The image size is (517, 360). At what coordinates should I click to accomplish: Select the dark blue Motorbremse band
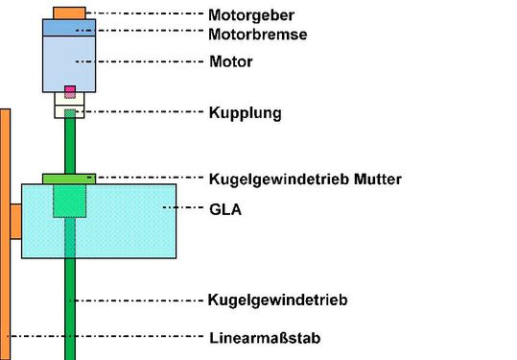[x=69, y=28]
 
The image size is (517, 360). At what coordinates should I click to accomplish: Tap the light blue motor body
[x=69, y=62]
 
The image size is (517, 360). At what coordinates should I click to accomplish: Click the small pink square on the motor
[x=69, y=92]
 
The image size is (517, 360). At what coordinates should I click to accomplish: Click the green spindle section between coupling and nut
[x=69, y=144]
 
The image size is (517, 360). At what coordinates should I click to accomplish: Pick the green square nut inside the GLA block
[x=69, y=202]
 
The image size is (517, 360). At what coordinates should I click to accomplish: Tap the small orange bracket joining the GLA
[x=15, y=221]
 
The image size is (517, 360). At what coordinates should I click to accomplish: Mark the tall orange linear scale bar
[x=5, y=288]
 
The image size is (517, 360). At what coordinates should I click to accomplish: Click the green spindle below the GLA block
[x=69, y=307]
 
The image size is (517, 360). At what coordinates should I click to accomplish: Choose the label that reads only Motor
[x=230, y=62]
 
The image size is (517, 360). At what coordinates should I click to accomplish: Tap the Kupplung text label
[x=245, y=112]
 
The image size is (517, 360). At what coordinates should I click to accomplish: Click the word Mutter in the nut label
[x=376, y=179]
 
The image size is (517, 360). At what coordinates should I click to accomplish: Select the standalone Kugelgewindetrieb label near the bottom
[x=277, y=300]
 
